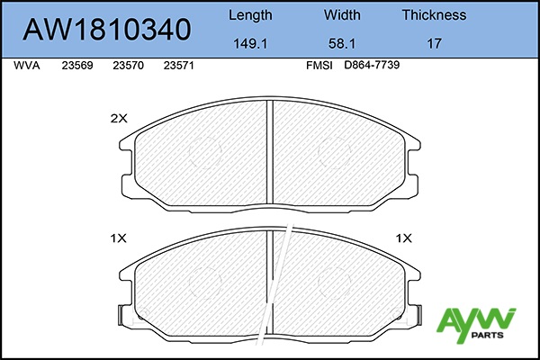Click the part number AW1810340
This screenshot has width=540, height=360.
coord(107,30)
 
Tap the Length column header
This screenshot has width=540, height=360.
coord(250,15)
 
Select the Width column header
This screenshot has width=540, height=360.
coord(342,15)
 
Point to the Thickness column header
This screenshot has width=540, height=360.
coord(435,15)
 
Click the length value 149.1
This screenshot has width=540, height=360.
coord(250,44)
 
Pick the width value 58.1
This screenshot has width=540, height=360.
coord(342,44)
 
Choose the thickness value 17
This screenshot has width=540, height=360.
coord(435,44)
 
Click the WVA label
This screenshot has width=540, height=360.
coord(27,66)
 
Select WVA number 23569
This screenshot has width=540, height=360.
coord(77,66)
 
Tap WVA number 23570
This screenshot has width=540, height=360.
coord(128,66)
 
